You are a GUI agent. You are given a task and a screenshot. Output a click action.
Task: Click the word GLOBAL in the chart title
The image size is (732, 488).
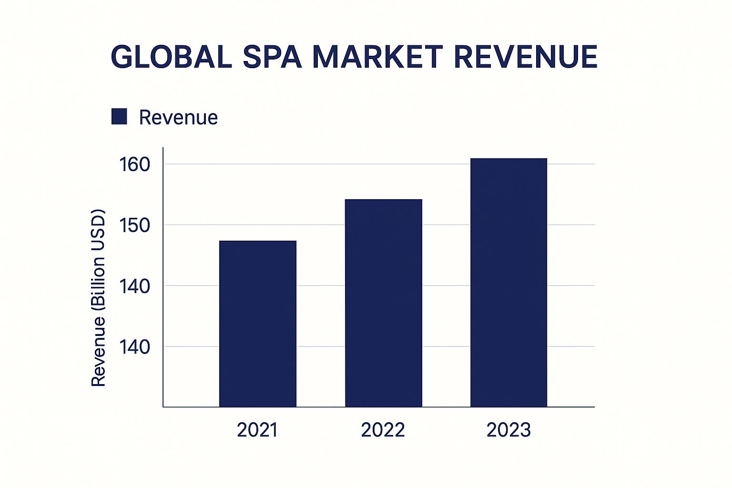pos(171,57)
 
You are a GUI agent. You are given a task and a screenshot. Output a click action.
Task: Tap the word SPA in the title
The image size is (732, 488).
pos(272,57)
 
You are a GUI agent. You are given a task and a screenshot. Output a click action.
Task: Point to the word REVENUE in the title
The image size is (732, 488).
pos(525,57)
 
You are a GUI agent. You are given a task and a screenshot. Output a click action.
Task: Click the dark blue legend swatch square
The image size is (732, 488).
pos(119,117)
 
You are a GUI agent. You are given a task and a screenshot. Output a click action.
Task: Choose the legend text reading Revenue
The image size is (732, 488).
pos(178,118)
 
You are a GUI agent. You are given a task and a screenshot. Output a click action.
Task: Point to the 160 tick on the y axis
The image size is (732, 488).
pos(135,165)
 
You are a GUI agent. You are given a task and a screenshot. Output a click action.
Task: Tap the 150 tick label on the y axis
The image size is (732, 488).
pos(135,225)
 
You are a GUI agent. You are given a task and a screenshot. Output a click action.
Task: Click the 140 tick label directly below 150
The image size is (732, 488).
pos(135,286)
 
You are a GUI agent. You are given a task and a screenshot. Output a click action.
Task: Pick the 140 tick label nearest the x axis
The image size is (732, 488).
pos(135,347)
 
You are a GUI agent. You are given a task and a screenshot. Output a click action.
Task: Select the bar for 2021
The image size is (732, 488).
pos(258,324)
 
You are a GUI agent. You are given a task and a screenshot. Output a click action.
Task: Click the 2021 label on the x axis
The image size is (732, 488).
pos(257,430)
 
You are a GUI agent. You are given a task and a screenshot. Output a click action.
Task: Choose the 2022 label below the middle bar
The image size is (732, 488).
pos(383,430)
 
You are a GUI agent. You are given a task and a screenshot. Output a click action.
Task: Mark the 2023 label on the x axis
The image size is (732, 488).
pos(508,430)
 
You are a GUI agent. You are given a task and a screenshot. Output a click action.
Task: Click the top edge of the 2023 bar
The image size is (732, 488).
pos(508,159)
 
